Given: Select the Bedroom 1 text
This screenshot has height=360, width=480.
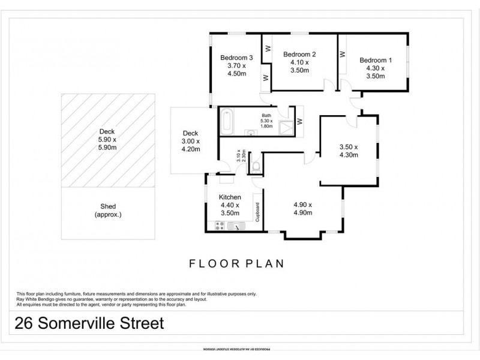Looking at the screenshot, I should click(376, 60).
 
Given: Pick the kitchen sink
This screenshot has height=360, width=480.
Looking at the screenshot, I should click(236, 226).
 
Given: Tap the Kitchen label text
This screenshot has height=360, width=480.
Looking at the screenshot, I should click(230, 197).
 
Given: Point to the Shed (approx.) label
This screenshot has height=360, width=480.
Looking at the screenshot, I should click(109, 210).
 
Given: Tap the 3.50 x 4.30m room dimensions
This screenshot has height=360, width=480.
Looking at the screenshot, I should click(348, 151).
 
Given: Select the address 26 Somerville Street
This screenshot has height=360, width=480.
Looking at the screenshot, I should click(89, 324).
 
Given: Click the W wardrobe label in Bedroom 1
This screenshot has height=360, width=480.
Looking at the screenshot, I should click(343, 54).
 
